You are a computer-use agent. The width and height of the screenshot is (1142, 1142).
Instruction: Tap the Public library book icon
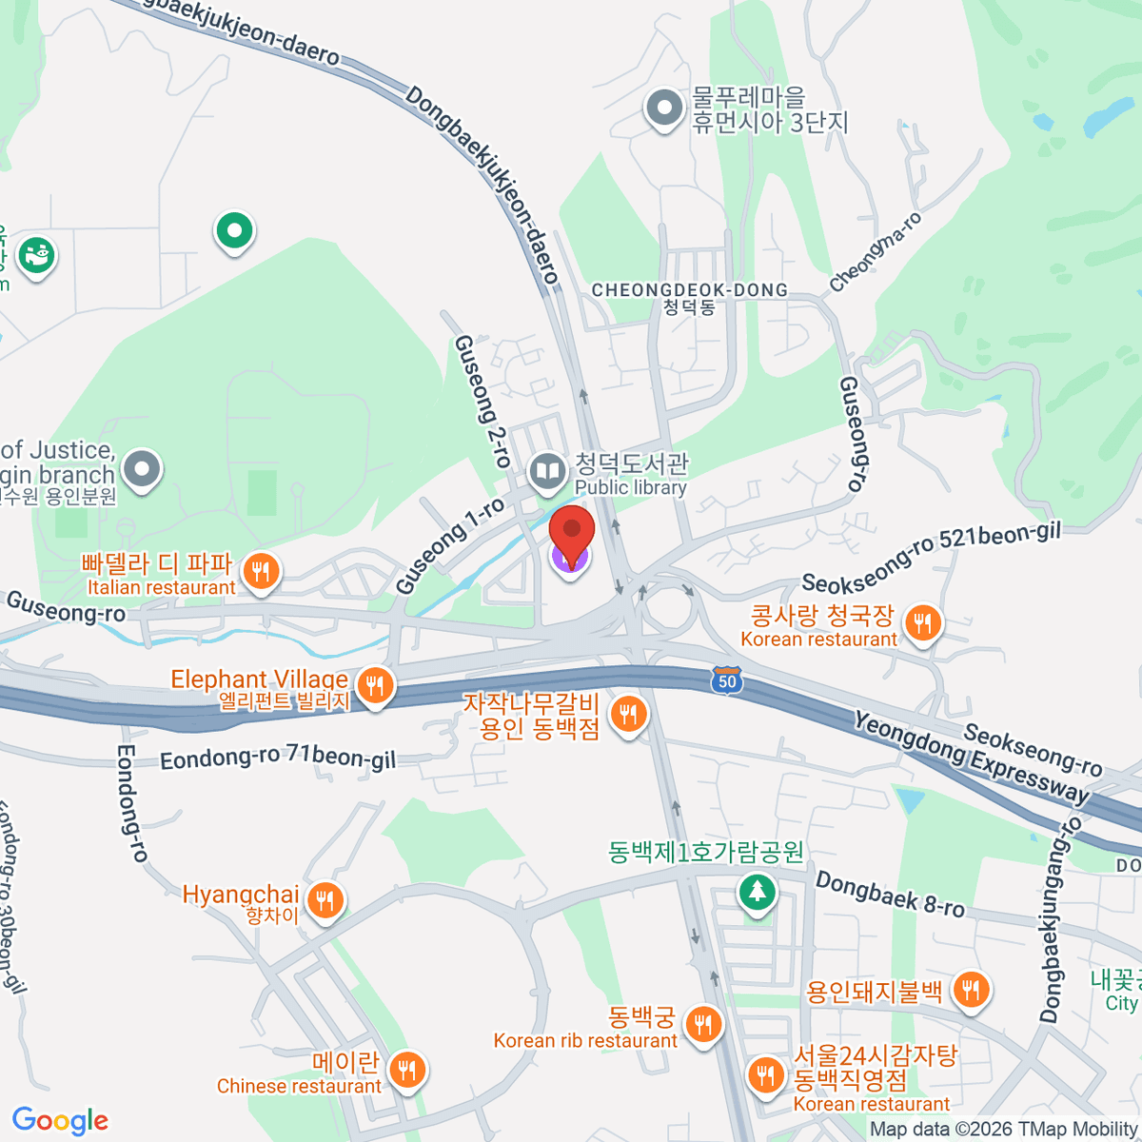coord(547,471)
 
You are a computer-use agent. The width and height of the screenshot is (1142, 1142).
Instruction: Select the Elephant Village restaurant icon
coord(376,684)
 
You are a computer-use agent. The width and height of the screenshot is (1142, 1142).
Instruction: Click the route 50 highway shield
coord(727,680)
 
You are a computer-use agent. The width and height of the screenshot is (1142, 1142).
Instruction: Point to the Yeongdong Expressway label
coord(971,758)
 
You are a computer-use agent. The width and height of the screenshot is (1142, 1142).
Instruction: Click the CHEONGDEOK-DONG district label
coord(690,290)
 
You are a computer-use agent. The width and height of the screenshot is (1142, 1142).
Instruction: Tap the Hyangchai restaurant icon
coord(325,899)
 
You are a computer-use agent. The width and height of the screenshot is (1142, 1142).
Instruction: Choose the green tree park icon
coord(757,892)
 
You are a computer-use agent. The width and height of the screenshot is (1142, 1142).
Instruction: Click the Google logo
coord(61,1121)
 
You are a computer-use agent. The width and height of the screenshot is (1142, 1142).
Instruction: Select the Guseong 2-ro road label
coord(482,400)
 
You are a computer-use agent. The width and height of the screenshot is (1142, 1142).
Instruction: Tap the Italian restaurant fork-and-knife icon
coord(260,572)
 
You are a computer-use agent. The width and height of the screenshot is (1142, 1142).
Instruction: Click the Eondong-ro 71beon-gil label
coord(277,758)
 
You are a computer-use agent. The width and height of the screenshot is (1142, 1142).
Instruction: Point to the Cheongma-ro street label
coord(876,252)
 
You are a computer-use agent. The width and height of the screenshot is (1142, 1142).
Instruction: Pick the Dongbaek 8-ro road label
coord(890,895)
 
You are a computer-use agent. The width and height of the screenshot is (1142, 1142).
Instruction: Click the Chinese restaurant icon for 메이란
coord(406,1070)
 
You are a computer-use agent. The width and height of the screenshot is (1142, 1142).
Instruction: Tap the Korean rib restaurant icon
coord(703,1024)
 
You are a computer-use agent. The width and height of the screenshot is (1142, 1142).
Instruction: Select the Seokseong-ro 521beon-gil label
coord(931,557)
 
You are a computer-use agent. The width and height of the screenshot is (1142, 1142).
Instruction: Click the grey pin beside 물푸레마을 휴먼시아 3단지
coord(663,108)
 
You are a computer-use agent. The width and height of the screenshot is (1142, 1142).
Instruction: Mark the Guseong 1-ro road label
coord(449,545)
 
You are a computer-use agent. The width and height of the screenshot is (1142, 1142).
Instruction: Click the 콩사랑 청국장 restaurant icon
coord(921,623)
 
